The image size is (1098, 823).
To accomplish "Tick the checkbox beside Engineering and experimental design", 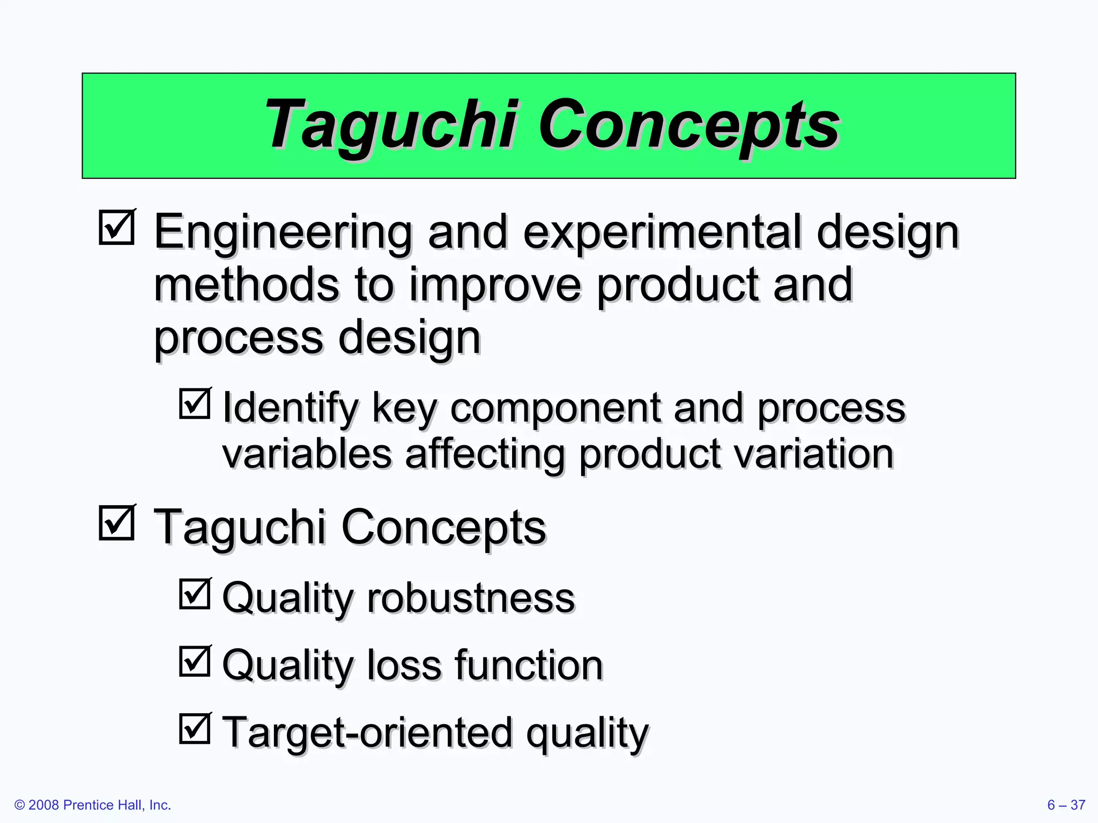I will click(x=116, y=228).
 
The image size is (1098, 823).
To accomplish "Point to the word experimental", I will click(x=662, y=233).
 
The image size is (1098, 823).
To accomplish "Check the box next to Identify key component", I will click(x=194, y=403).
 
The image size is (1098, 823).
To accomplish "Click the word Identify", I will click(x=290, y=409).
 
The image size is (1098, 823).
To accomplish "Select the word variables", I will click(x=307, y=454).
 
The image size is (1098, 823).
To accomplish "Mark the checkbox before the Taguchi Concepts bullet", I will click(x=116, y=522).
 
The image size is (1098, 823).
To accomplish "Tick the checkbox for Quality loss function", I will click(x=194, y=661).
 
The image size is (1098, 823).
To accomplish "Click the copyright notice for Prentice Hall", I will click(x=93, y=805).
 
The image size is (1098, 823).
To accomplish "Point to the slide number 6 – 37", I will click(x=1066, y=805).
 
